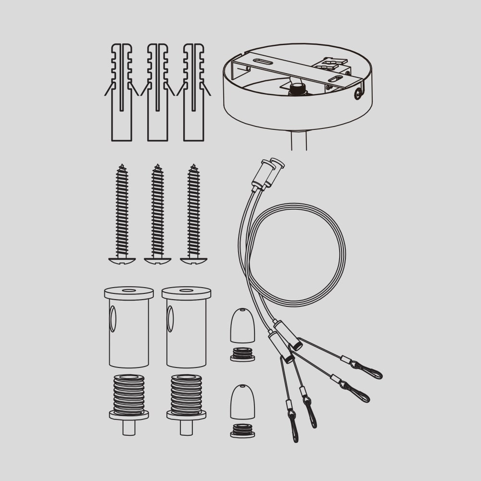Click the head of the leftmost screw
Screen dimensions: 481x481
coord(122,261)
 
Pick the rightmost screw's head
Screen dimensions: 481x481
coord(194,261)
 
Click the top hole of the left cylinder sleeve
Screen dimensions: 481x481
coord(129,291)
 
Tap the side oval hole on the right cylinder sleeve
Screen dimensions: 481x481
coord(170,319)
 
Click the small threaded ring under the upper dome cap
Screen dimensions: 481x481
coord(242,354)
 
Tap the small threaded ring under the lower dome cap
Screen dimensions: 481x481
coord(242,430)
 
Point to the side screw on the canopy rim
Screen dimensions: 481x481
coord(358,94)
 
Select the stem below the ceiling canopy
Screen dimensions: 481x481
coord(299,140)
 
